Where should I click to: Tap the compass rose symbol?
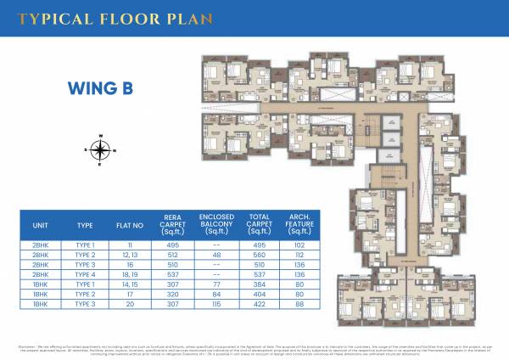[x=100, y=151]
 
